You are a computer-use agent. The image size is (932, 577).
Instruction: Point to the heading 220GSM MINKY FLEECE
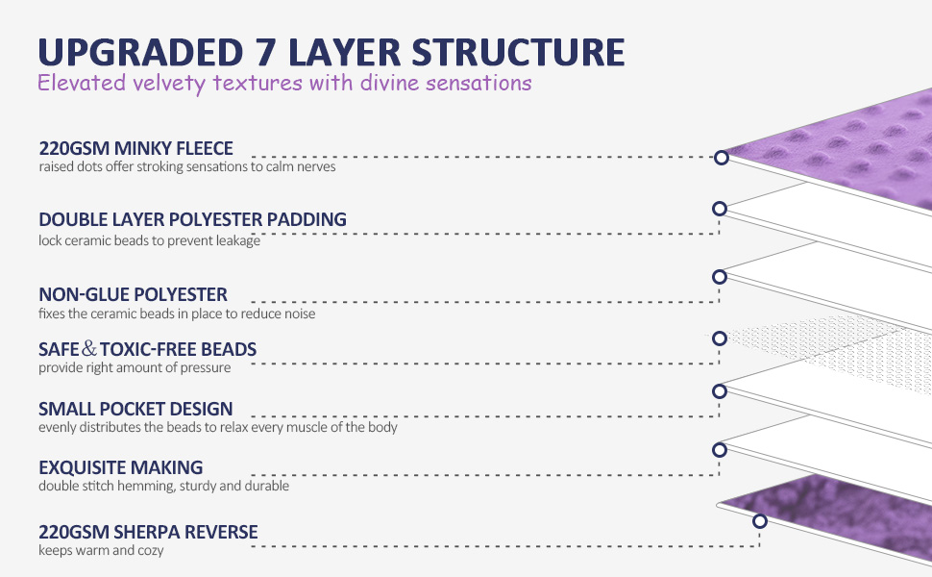(135, 149)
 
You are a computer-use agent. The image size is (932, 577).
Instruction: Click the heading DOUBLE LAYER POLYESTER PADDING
(192, 219)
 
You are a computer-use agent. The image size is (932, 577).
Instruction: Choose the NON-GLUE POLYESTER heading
(133, 294)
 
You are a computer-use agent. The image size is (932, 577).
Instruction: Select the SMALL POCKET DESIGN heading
(135, 409)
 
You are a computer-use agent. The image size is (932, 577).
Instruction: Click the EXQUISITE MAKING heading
(120, 467)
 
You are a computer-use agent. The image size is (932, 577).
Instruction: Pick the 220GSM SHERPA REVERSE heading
(148, 532)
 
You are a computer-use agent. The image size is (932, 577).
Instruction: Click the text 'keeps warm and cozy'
(101, 551)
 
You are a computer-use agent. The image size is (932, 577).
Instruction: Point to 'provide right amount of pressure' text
(134, 367)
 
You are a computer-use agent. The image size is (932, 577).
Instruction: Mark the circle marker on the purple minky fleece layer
(720, 158)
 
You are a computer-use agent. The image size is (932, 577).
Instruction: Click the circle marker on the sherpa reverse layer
(759, 521)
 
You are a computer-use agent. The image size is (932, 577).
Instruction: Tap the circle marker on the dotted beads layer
(719, 338)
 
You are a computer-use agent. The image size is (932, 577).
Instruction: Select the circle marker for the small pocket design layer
(719, 390)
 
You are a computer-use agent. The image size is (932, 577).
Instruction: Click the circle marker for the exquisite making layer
(719, 449)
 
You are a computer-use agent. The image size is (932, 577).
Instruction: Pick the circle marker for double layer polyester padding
(719, 208)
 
